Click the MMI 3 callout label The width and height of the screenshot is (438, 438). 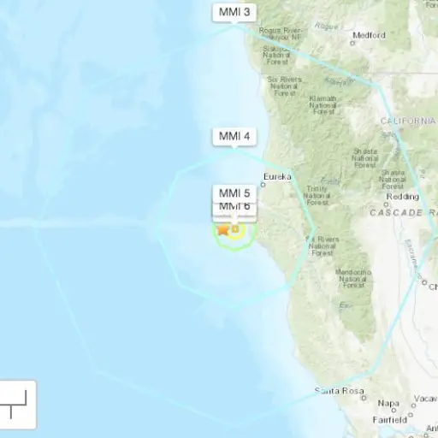click(234, 12)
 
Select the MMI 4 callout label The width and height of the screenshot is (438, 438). click(234, 137)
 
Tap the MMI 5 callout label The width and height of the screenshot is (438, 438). click(234, 192)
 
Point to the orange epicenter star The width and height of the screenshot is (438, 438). click(223, 228)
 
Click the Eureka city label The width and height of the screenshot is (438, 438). click(277, 177)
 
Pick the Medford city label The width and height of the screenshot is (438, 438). click(369, 36)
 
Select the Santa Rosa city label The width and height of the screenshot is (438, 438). click(339, 391)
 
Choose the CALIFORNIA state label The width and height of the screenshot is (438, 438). click(408, 121)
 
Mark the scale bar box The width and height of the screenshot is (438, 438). click(18, 404)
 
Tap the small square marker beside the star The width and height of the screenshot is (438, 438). click(234, 228)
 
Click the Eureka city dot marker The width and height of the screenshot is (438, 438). click(264, 184)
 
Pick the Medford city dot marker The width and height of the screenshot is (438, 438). click(353, 41)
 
